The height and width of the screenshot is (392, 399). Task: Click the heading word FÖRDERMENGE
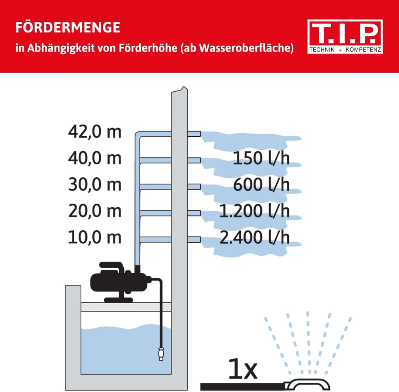click(x=68, y=27)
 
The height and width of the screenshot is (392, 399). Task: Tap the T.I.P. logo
click(x=345, y=36)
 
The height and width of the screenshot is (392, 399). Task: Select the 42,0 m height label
click(x=95, y=132)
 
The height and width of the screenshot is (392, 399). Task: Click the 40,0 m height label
click(x=95, y=158)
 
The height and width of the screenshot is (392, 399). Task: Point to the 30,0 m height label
click(x=95, y=185)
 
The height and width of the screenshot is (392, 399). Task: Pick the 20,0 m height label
click(x=95, y=211)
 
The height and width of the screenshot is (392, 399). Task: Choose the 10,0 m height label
click(x=95, y=238)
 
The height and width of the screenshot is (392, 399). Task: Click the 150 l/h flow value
click(x=261, y=159)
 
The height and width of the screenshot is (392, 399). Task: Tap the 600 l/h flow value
click(x=261, y=185)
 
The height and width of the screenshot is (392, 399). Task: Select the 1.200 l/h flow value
click(x=255, y=211)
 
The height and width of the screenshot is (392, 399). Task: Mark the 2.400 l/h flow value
click(x=255, y=238)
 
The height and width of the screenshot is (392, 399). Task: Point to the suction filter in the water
click(x=161, y=354)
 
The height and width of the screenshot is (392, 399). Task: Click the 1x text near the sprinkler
click(x=242, y=370)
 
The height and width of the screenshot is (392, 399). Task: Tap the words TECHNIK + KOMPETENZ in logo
click(x=345, y=50)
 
